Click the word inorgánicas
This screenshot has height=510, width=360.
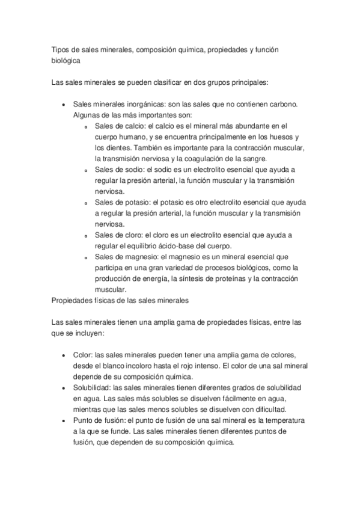coord(135,104)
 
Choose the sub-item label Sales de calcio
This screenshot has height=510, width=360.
coord(118,126)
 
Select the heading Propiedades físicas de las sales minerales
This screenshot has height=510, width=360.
coord(121,300)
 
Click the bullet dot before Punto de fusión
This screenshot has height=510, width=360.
coord(64,419)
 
